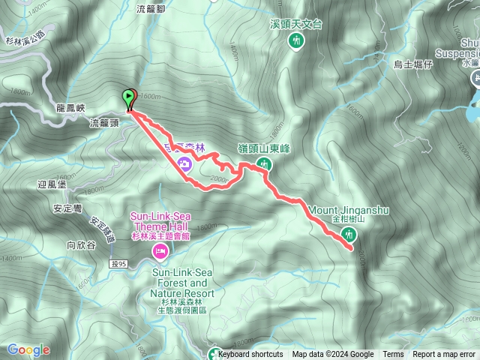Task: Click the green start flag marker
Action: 129,97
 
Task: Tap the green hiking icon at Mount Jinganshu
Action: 349,235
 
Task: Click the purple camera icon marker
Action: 184,163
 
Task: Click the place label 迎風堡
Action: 52,184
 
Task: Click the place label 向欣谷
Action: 82,244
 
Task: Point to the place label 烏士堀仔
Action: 413,65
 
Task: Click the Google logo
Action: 28,349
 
